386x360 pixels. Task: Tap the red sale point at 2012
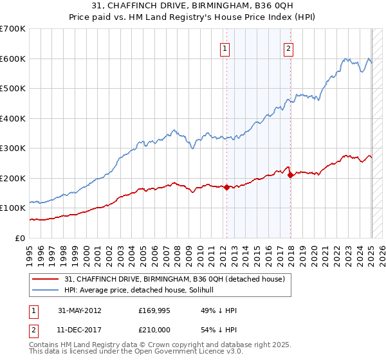226,187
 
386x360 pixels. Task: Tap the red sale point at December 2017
290,175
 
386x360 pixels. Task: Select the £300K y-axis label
13,148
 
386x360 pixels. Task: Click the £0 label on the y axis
21,238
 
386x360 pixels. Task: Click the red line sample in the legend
46,278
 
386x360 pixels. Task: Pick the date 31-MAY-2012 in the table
80,310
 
